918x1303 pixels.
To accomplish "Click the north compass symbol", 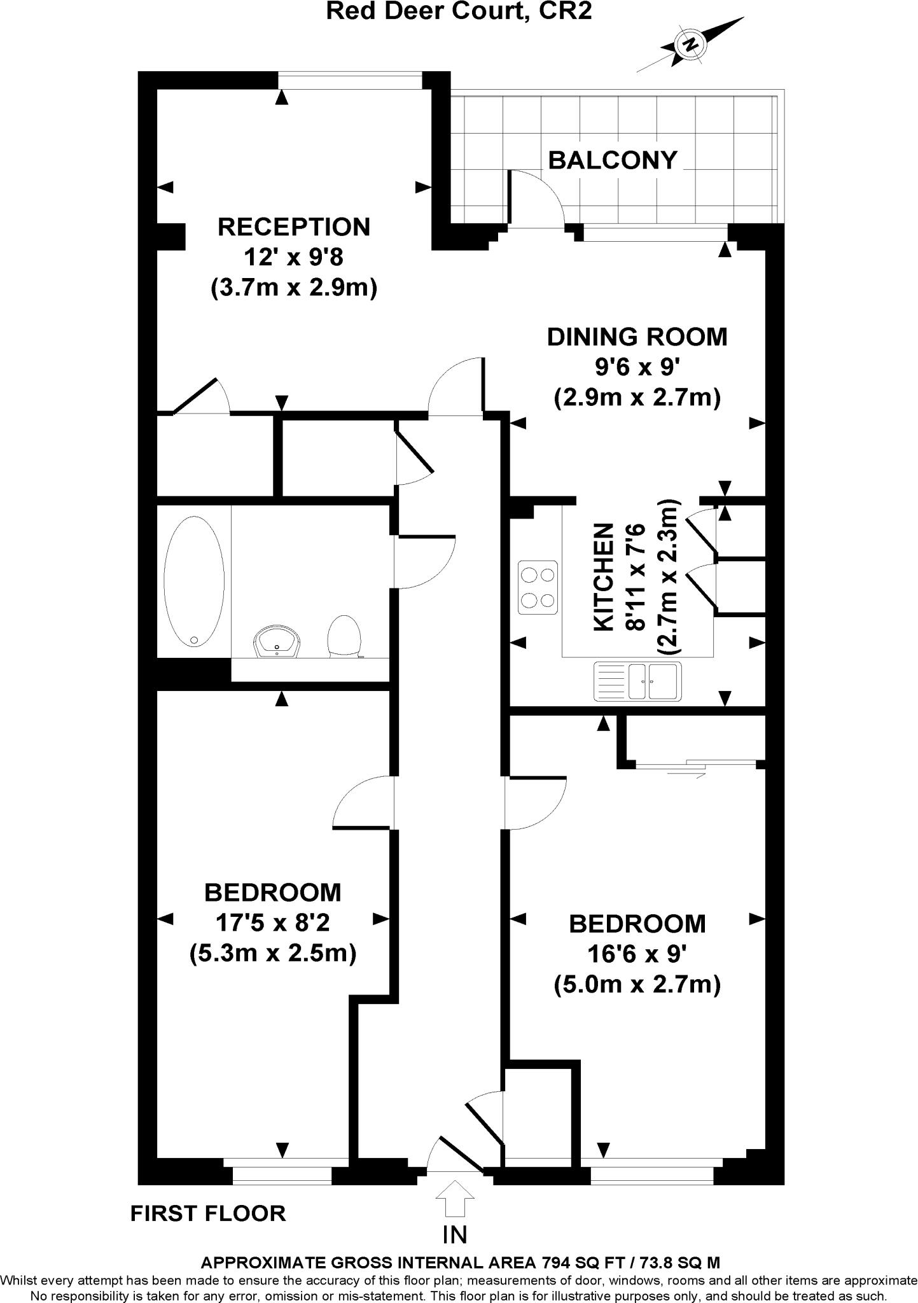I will coord(689,45).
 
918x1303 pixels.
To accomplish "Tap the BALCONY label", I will coord(612,160).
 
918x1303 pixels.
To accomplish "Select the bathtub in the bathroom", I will coord(194,582).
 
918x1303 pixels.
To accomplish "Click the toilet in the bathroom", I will coord(344,635).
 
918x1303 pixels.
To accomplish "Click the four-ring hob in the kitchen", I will coord(538,587).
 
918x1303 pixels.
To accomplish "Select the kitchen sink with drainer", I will coord(637,681).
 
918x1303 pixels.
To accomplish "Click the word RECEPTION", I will coord(293,227).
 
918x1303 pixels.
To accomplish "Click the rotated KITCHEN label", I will coord(603,577).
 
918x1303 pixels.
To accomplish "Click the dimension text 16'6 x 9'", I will coord(637,954).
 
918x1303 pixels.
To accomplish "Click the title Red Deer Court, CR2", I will coord(459,11).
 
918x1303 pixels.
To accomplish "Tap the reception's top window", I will coord(351,80).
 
